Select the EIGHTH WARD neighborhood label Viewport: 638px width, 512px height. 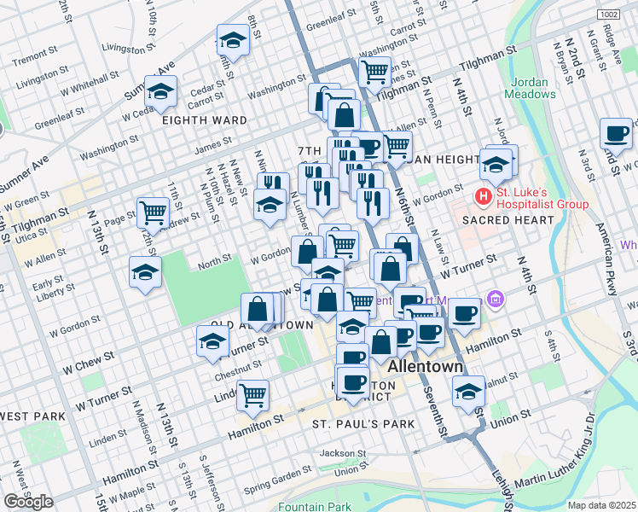click(206, 120)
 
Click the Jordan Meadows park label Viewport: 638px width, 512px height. click(529, 89)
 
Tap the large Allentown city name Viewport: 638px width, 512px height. click(426, 366)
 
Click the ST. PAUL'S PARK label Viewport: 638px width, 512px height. click(362, 424)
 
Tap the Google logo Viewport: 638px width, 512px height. click(28, 501)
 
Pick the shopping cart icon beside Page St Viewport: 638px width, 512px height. click(153, 211)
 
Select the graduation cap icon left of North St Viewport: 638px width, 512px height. click(145, 271)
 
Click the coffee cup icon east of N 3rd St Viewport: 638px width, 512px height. click(616, 133)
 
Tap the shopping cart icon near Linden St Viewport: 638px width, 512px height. click(252, 394)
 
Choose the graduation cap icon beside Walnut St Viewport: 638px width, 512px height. click(468, 391)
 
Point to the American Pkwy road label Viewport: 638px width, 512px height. click(606, 257)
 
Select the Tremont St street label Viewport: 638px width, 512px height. click(35, 56)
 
